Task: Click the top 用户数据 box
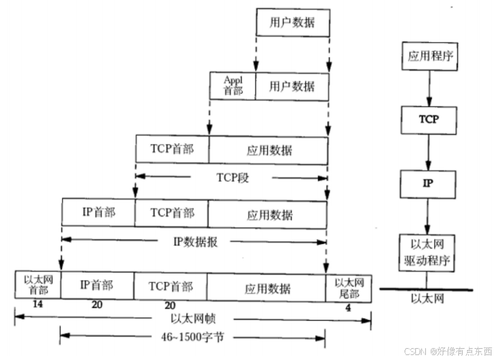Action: (293, 22)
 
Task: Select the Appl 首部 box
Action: (233, 86)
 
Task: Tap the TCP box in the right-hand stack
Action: (429, 120)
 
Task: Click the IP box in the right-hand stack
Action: (428, 184)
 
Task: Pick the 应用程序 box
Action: (430, 56)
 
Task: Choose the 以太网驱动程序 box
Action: (427, 253)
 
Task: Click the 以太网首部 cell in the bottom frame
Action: (38, 285)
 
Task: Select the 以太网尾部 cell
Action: (348, 288)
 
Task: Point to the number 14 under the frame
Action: (37, 304)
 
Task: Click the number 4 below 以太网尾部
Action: (348, 308)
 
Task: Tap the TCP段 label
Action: (233, 178)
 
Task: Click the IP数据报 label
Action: (195, 242)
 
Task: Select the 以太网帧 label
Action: (193, 319)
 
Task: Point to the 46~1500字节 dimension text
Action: (192, 337)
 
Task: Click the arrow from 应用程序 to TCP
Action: (429, 89)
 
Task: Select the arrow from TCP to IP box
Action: (428, 152)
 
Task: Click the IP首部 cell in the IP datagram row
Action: (99, 212)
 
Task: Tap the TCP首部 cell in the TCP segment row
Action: (172, 149)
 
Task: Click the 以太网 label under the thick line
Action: (427, 299)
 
